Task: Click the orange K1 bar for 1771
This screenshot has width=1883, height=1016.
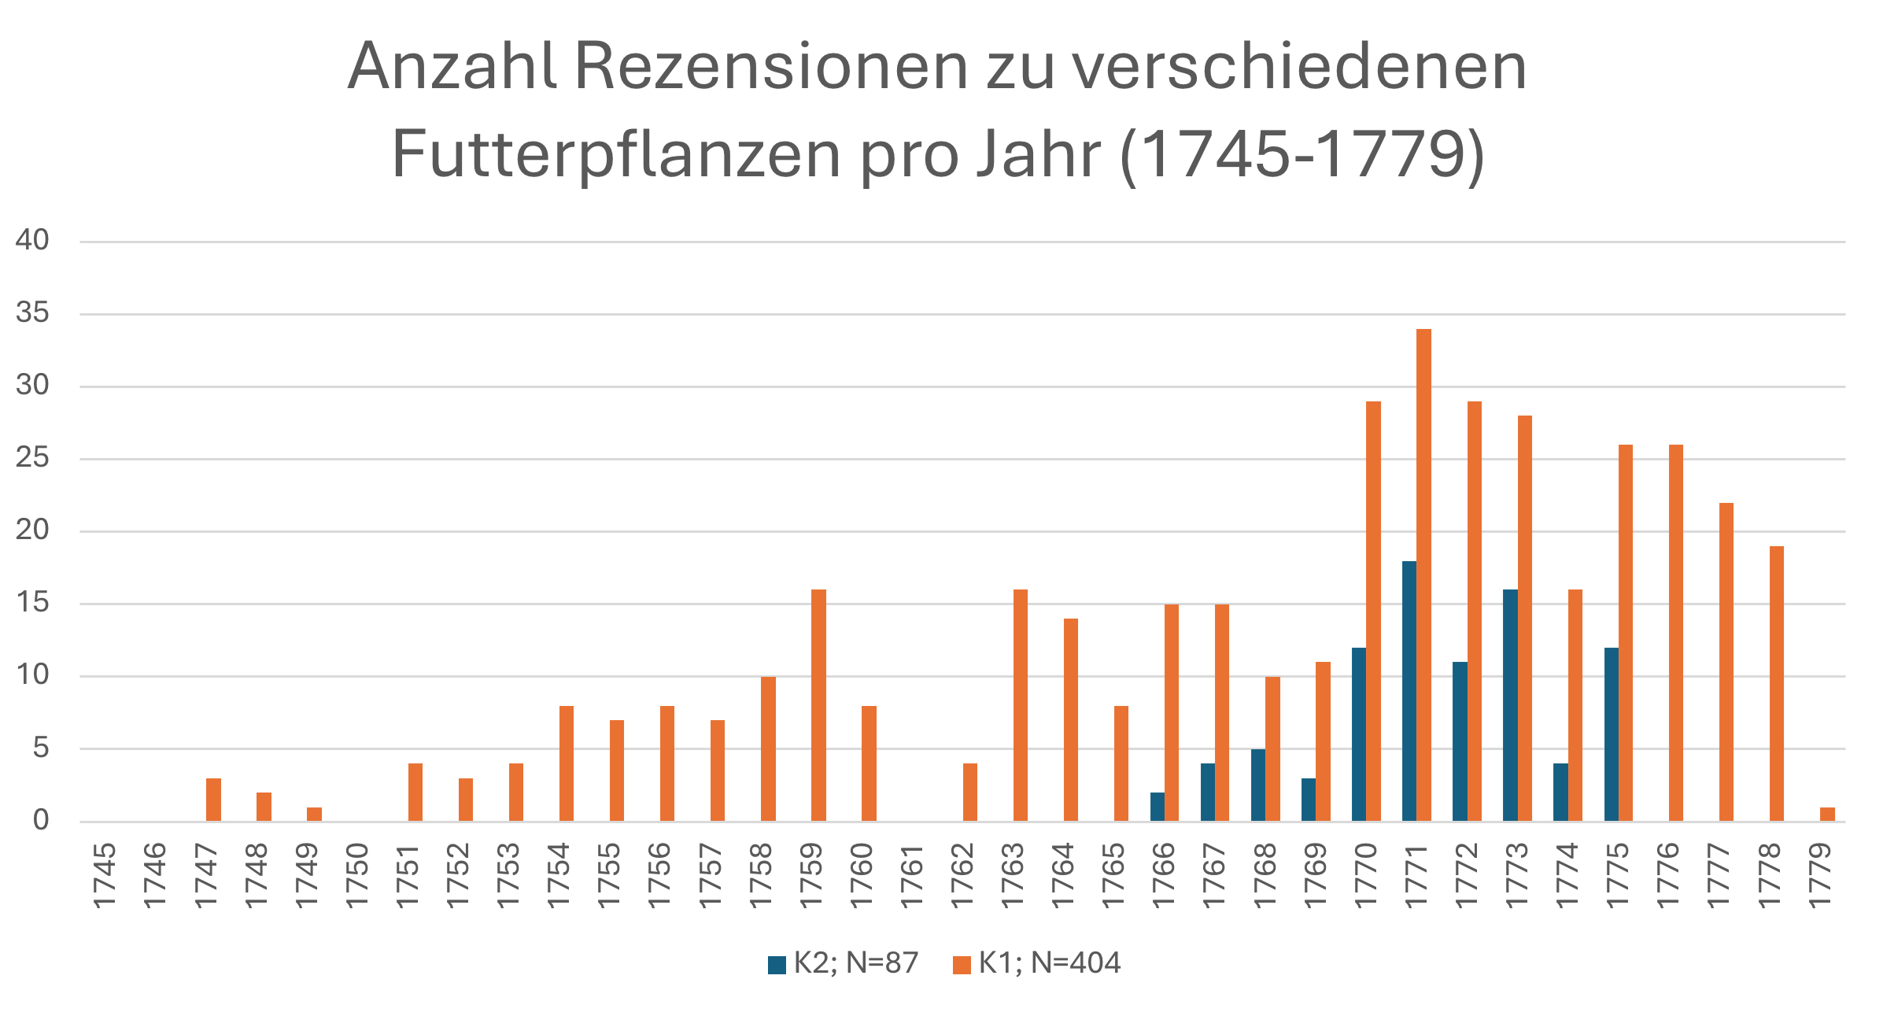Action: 1423,575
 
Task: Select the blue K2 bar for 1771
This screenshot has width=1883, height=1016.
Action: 1409,691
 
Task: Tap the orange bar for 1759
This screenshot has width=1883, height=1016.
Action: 818,705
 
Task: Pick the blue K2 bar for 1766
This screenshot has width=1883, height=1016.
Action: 1157,807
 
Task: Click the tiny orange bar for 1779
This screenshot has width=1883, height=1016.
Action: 1827,815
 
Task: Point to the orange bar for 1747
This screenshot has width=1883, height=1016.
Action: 213,800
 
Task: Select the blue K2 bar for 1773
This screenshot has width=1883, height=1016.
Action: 1510,705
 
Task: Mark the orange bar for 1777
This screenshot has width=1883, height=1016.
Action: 1726,662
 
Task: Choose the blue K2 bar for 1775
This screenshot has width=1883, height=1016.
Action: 1612,734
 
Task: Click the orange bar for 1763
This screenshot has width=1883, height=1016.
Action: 1021,705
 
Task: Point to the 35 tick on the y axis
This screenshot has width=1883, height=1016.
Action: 32,313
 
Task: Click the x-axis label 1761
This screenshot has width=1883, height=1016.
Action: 911,876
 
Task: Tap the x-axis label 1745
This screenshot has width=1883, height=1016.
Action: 105,876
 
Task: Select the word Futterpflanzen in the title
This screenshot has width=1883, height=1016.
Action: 616,154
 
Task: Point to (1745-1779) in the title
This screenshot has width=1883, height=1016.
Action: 1302,154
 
